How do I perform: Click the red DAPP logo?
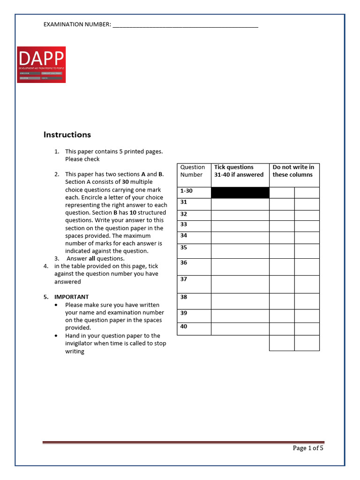(x=41, y=65)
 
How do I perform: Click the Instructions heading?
(x=67, y=135)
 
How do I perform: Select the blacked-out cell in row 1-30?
(x=240, y=193)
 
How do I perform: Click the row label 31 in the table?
(x=184, y=202)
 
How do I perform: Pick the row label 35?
(x=184, y=247)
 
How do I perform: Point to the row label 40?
(x=184, y=326)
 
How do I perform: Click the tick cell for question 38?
(x=240, y=301)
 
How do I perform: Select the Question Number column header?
(x=193, y=171)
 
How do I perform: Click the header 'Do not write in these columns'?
(x=293, y=171)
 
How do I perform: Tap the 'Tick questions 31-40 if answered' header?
(x=239, y=171)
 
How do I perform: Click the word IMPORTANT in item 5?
(x=72, y=297)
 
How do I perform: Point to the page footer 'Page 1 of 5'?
(x=308, y=448)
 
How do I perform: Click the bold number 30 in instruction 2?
(x=125, y=182)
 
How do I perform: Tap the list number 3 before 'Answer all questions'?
(x=56, y=259)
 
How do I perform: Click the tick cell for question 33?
(x=240, y=226)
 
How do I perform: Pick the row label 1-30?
(x=187, y=191)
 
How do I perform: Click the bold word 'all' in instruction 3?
(x=92, y=259)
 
